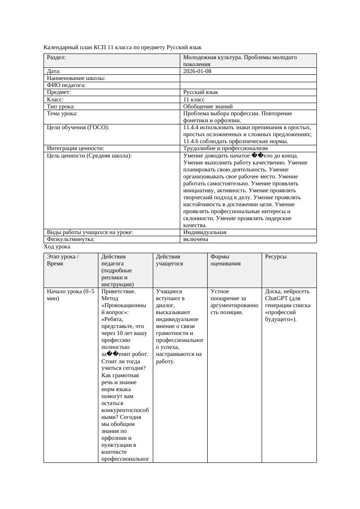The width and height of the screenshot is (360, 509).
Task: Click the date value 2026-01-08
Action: [197, 71]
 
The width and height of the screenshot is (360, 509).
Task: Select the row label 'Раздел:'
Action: [56, 57]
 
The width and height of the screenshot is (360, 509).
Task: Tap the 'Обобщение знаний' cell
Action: [208, 107]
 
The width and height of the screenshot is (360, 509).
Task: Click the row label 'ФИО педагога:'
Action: [66, 85]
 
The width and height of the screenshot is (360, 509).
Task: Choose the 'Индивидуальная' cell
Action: [205, 232]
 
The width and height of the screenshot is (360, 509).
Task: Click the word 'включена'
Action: [195, 239]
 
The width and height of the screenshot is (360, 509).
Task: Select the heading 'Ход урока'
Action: [57, 247]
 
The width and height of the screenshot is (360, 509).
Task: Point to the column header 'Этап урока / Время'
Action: [63, 260]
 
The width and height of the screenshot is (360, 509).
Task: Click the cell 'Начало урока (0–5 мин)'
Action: [71, 295]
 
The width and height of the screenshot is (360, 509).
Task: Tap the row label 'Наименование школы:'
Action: [76, 78]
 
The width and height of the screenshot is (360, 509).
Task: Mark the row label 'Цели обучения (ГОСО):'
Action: [78, 127]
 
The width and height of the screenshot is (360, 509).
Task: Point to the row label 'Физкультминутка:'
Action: [71, 239]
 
